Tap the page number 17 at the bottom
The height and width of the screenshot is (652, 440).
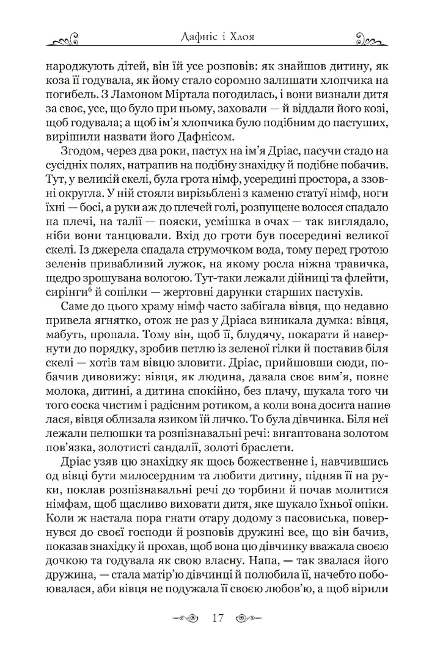pyautogui.click(x=218, y=617)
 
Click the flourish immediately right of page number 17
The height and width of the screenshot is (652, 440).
pyautogui.click(x=249, y=617)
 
